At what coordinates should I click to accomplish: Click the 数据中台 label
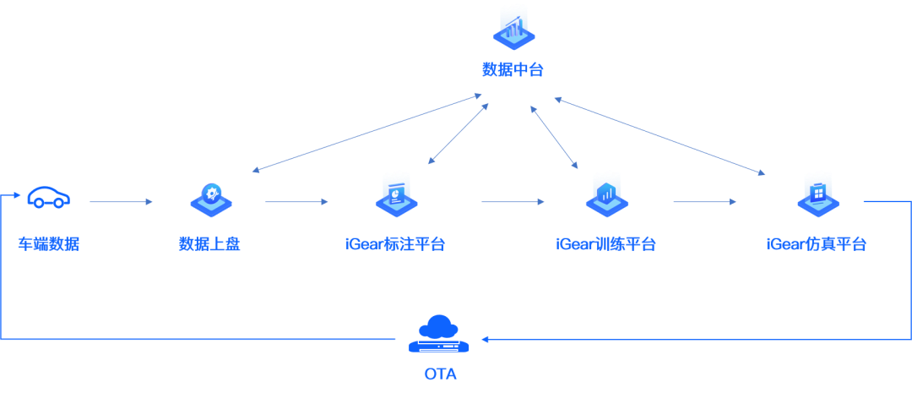point(513,70)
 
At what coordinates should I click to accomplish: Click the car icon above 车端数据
point(49,198)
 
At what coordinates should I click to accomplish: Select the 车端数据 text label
point(48,244)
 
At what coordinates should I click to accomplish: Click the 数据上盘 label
point(209,244)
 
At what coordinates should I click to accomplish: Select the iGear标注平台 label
point(395,244)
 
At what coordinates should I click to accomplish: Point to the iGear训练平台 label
point(605,244)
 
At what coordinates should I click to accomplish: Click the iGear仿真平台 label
point(817,244)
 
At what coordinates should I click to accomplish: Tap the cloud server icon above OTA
point(439,334)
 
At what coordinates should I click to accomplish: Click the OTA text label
point(440,374)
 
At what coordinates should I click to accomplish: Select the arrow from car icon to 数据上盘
point(121,202)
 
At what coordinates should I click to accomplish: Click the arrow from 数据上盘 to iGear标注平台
point(296,202)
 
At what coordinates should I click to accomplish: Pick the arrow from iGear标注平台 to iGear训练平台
point(513,202)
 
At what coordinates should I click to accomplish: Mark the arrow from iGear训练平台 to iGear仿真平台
point(705,202)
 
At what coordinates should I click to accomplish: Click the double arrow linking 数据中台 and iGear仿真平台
point(660,136)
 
